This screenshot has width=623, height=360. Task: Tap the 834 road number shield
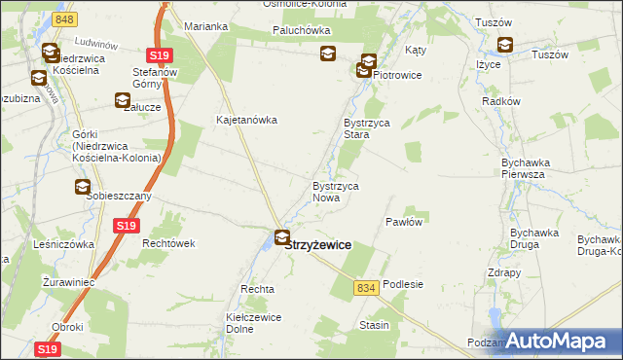coord(366,288)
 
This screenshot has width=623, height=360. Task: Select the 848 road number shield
coord(65,19)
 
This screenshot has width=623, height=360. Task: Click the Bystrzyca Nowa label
coord(337,191)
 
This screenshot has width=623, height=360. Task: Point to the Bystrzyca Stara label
coord(366,129)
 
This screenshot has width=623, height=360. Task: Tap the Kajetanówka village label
coord(247,121)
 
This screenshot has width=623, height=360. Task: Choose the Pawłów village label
coord(403,222)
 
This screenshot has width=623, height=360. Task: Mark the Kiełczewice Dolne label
coord(254,323)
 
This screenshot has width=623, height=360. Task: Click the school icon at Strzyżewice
coord(282,236)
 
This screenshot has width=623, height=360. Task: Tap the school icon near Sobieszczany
coord(83,187)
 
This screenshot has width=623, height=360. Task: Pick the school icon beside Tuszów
coord(505,44)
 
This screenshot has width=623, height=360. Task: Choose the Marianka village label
coord(205,25)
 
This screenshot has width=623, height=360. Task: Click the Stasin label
coord(375,324)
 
